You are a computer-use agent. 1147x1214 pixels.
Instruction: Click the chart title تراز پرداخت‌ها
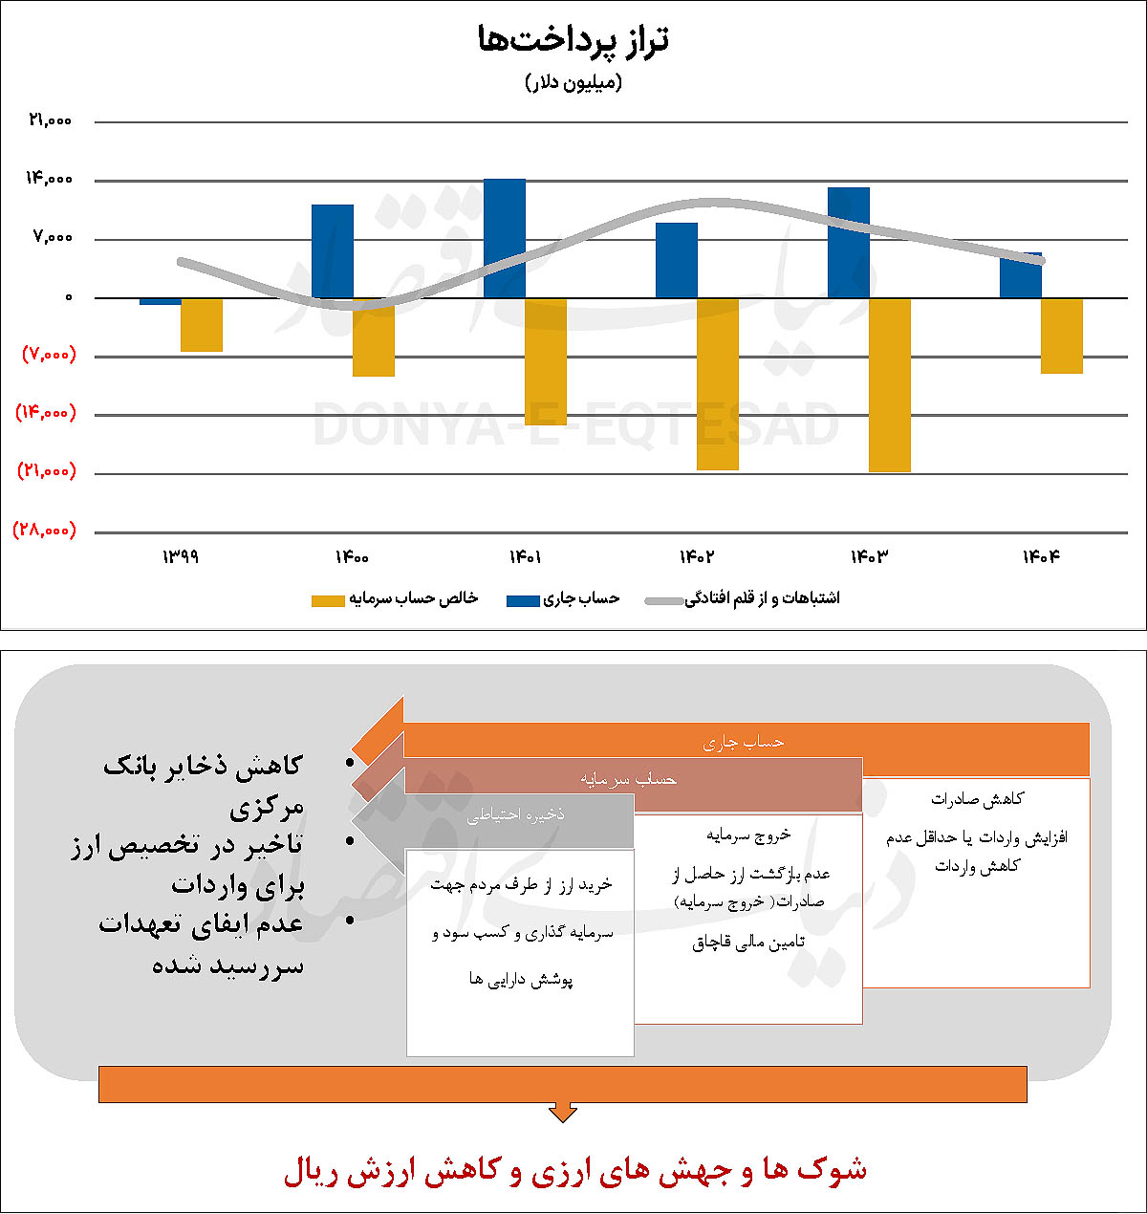[573, 39]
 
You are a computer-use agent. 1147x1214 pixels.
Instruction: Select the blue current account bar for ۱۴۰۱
[505, 238]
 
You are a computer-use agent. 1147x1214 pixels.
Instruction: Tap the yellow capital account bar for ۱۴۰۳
[890, 384]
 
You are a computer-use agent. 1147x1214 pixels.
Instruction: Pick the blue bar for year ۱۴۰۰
[333, 250]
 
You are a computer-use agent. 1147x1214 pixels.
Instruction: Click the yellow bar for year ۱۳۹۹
[202, 325]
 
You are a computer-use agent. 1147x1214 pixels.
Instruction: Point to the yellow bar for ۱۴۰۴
[1062, 336]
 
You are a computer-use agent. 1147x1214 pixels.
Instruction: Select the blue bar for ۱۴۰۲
[677, 260]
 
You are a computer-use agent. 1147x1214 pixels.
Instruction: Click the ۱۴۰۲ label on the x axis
[696, 556]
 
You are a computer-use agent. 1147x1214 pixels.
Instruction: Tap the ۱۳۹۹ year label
[180, 556]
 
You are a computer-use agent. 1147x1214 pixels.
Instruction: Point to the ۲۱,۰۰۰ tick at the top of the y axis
[51, 120]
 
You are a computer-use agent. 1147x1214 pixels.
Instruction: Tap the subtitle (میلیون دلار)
[573, 82]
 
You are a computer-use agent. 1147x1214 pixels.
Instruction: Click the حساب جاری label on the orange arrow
[744, 743]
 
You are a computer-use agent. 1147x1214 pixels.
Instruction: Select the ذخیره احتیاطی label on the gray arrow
[515, 814]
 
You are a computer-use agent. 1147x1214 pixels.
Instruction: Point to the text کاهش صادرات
[977, 799]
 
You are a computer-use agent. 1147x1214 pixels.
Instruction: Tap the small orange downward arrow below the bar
[563, 1113]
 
